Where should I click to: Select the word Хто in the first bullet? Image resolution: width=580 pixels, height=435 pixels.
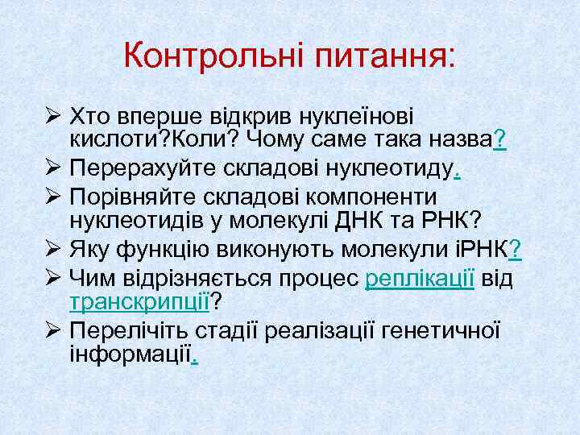click(90, 116)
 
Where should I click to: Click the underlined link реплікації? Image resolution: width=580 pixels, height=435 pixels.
click(418, 279)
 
